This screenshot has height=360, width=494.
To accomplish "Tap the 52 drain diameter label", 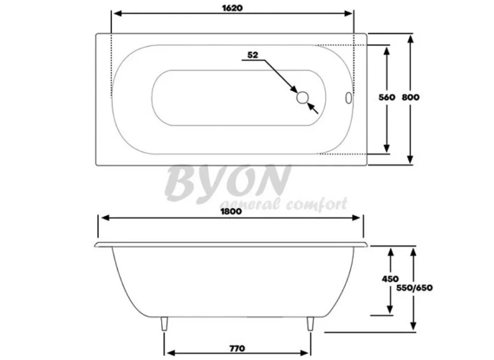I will tap(252, 55).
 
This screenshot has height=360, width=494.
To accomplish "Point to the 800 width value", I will tap(427, 97).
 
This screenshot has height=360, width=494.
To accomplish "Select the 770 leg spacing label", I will tap(237, 348).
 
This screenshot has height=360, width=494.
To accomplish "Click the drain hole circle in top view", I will tap(303, 97).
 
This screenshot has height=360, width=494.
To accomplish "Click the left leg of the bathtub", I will tap(165, 325).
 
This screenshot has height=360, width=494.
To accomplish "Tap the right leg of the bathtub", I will tap(309, 325).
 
